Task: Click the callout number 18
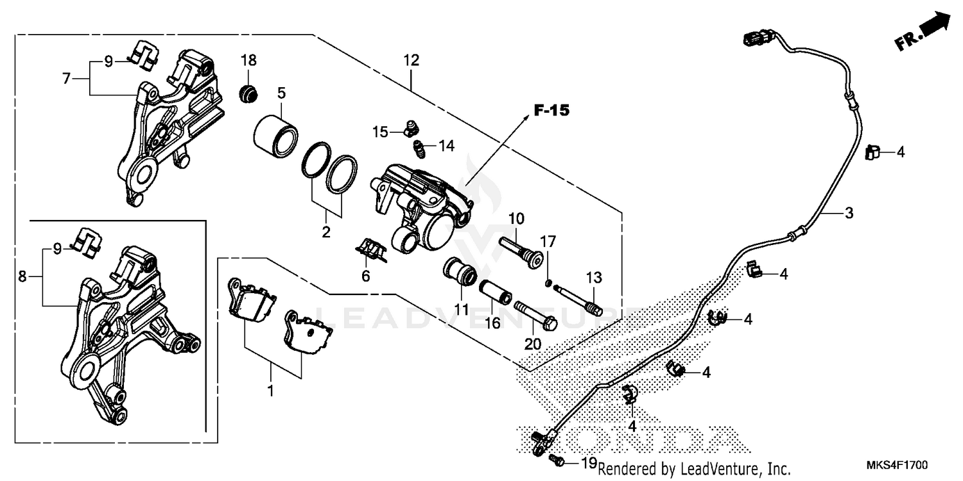248,61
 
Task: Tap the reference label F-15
551,111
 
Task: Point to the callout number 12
411,61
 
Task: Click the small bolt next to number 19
557,461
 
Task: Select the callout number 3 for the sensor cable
849,214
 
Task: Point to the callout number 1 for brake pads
270,390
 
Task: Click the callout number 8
23,277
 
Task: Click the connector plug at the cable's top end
756,40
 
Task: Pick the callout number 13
594,278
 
